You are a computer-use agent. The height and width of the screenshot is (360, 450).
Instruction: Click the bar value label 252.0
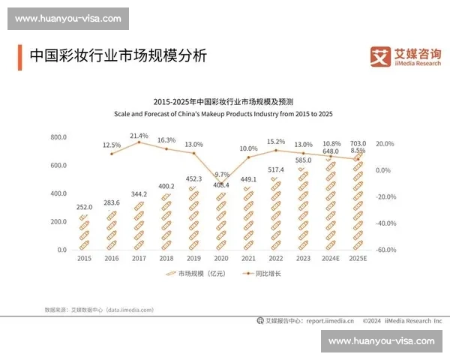84,208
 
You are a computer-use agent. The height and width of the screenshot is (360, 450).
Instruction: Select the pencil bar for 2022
275,214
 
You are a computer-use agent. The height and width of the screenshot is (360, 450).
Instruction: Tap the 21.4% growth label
139,136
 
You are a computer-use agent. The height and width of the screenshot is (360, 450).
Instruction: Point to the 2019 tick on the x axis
193,259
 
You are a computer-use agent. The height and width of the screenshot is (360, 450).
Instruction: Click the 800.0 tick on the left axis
58,138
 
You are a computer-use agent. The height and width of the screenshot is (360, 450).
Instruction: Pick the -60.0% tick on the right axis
385,250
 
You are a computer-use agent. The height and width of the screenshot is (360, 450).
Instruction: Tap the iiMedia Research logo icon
382,55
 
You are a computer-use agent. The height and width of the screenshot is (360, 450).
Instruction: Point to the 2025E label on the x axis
358,259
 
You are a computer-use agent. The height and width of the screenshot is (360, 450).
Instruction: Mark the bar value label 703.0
358,142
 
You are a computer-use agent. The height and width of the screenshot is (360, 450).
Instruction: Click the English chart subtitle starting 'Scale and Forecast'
223,113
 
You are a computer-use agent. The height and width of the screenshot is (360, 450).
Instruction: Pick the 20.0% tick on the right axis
384,143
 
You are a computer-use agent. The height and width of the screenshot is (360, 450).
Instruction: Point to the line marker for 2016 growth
112,154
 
